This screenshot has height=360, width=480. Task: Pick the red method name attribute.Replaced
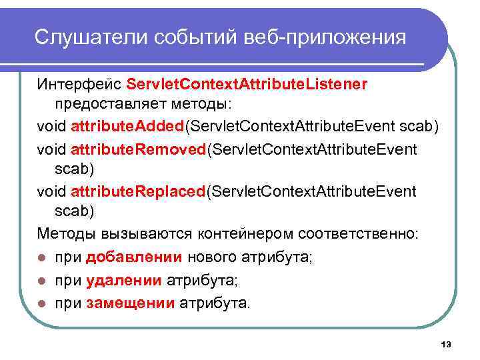point(138,192)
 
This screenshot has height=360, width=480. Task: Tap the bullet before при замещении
point(43,304)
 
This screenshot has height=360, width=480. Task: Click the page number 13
point(446,344)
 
